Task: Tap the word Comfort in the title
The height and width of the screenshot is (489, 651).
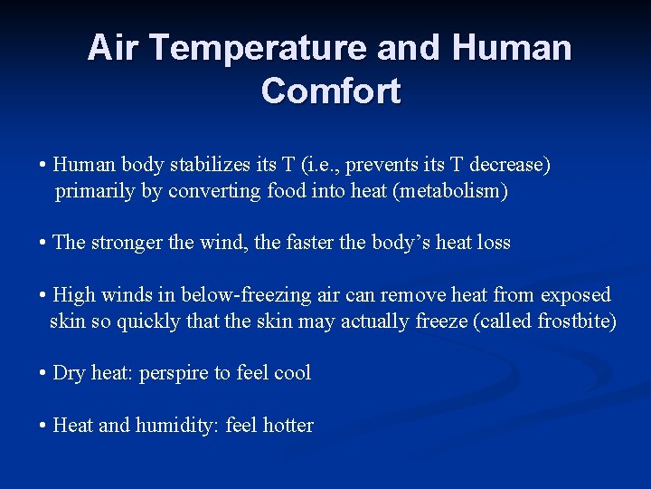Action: [x=331, y=91]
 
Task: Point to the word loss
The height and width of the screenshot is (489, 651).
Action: [x=494, y=243]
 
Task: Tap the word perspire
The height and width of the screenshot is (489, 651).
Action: [x=174, y=373]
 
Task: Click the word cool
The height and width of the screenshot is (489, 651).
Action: [x=292, y=373]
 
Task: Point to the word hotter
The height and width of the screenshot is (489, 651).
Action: [x=288, y=426]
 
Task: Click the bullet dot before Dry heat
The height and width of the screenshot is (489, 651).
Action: [x=43, y=373]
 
